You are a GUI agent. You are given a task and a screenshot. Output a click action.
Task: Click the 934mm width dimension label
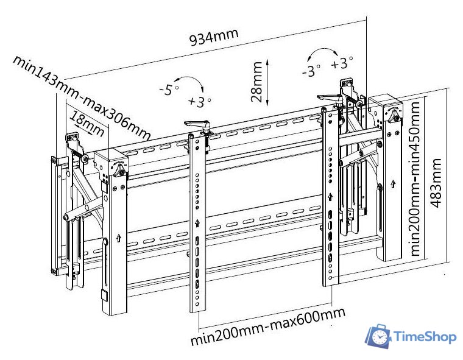pos(213,38)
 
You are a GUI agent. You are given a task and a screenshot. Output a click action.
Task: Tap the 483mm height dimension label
pos(436,183)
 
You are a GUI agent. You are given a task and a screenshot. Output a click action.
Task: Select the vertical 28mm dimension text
pos(258,85)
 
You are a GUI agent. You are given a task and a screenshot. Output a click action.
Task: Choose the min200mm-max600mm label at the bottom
pos(267,326)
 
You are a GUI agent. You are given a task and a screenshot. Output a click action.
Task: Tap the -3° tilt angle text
pos(311,71)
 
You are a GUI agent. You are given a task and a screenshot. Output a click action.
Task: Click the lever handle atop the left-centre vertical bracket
pos(197,124)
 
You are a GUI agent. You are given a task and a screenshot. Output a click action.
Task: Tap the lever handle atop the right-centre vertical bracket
pos(329,96)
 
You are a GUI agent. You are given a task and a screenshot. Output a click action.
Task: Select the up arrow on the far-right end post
pos(394,182)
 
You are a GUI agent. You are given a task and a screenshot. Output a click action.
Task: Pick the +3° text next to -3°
pos(342,62)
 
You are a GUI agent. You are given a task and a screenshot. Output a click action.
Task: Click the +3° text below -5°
pos(199,101)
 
